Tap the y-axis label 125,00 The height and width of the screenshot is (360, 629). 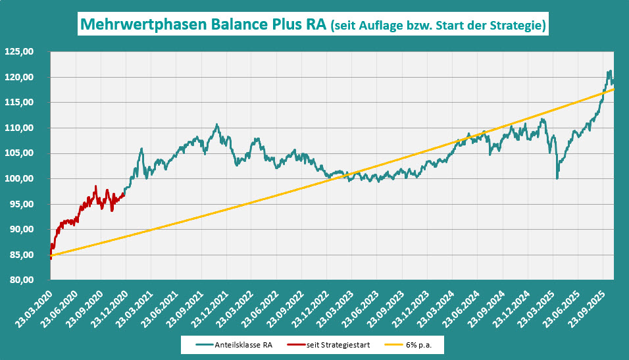tap(19, 52)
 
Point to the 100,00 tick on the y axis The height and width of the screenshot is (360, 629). tap(19, 179)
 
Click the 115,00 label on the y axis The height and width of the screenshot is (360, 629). tap(19, 103)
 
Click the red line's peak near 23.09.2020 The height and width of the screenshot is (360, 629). tap(96, 186)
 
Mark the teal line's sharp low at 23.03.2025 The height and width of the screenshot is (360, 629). tap(557, 178)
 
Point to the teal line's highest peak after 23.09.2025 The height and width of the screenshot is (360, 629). tap(611, 71)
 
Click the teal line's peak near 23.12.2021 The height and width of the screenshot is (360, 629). tap(216, 124)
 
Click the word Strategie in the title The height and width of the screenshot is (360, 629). tap(513, 26)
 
